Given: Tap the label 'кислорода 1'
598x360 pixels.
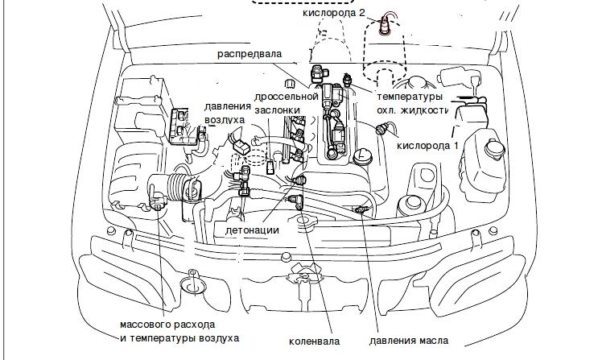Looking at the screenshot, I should [429, 146].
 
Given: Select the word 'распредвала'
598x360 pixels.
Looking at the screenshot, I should [250, 53].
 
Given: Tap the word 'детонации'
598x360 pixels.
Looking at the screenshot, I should [252, 230].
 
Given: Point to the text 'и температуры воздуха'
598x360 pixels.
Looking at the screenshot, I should [179, 338].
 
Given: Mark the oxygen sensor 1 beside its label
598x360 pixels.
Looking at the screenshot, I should [383, 129].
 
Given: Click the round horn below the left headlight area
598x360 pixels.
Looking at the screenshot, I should [192, 283].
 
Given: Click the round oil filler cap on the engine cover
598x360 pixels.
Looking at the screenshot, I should [360, 154].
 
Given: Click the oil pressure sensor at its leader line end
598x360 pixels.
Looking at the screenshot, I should [360, 210].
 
